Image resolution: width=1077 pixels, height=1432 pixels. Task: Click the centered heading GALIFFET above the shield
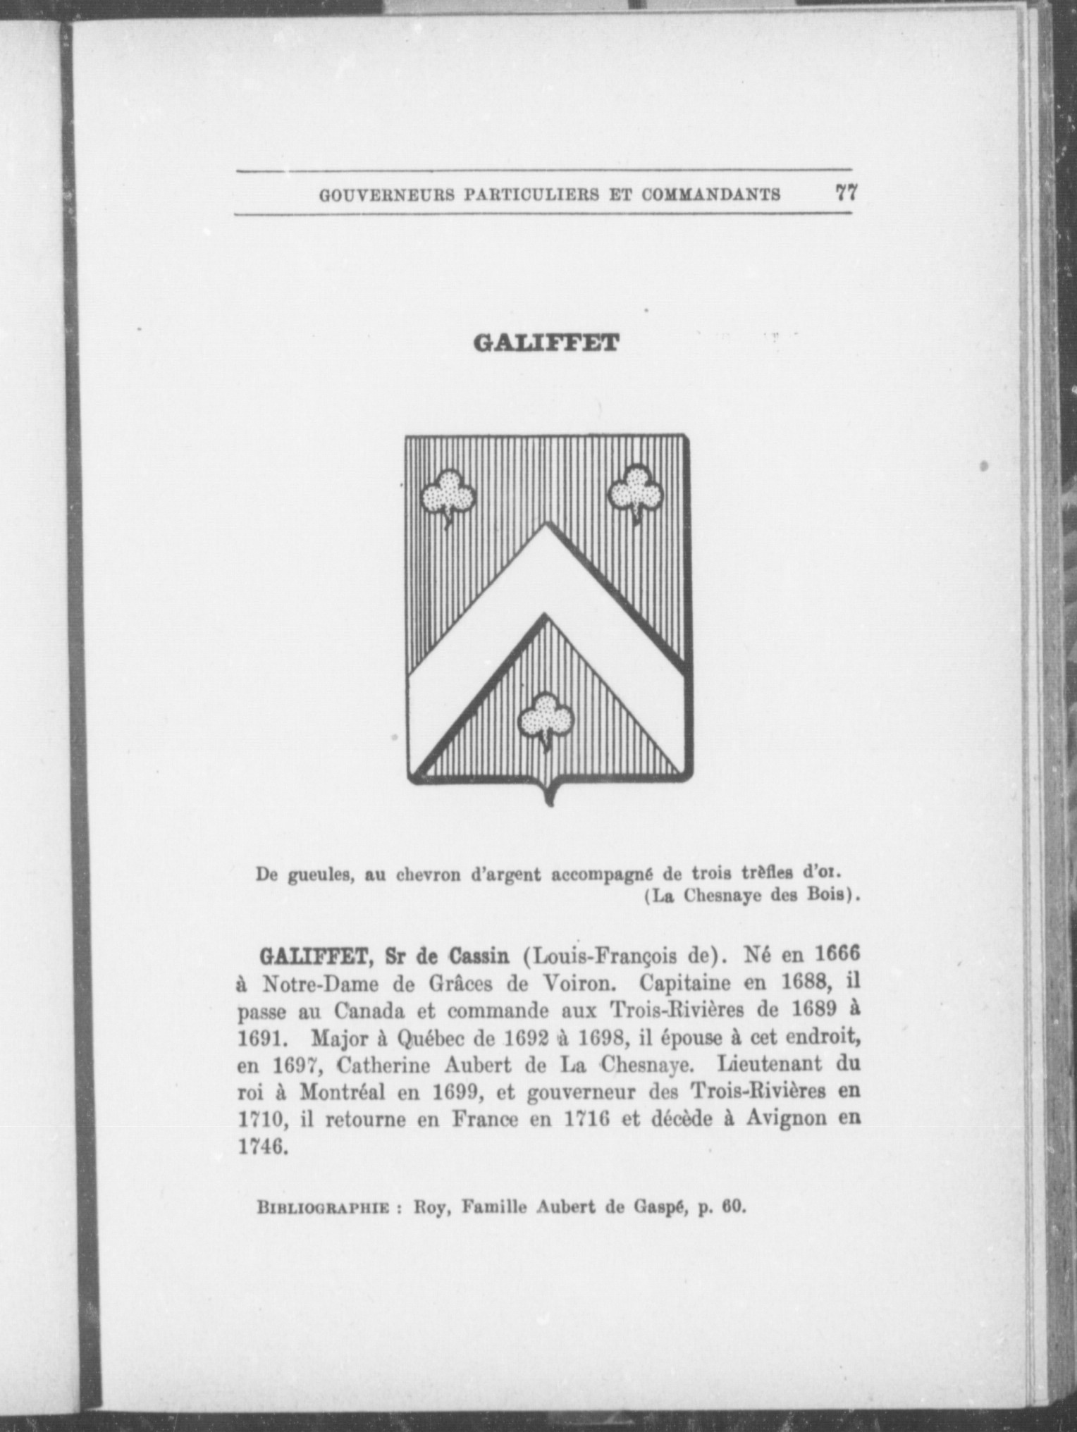(x=546, y=343)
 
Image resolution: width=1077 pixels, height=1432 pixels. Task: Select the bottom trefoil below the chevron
(x=546, y=718)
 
